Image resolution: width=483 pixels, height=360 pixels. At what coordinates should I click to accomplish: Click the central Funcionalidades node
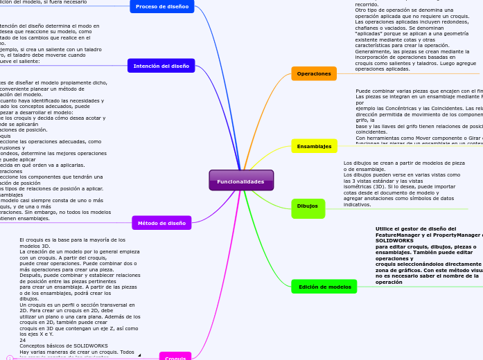[x=241, y=181]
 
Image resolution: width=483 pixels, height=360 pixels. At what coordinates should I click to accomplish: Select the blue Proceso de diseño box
[x=162, y=6]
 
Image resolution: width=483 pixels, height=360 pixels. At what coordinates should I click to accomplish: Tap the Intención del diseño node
[x=161, y=66]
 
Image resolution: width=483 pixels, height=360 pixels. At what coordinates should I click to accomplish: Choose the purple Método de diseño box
[x=161, y=223]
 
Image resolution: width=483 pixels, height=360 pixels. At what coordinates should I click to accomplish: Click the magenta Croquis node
[x=175, y=357]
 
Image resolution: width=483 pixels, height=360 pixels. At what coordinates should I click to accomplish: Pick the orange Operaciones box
[x=313, y=73]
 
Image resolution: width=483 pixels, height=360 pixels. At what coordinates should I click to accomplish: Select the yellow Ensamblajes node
[x=314, y=146]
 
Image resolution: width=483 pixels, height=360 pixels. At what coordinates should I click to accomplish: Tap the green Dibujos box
[x=308, y=206]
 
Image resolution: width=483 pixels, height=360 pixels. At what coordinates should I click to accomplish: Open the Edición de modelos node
[x=324, y=287]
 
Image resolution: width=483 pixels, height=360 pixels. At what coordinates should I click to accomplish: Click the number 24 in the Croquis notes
[x=22, y=340]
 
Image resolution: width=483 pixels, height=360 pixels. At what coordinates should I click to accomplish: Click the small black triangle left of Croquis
[x=139, y=355]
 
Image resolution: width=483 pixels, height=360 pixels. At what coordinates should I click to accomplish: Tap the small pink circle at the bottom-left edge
[x=9, y=357]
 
